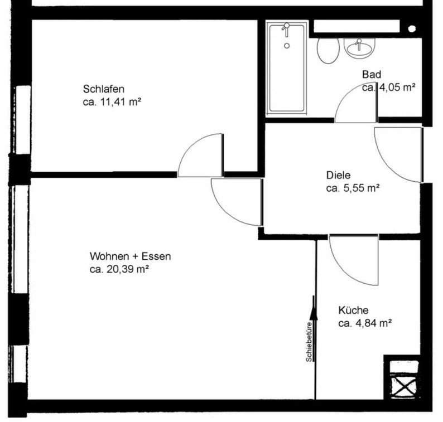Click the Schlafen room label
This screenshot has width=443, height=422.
click(x=103, y=89)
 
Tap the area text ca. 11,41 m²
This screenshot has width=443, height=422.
click(x=112, y=102)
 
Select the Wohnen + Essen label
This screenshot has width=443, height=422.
click(x=130, y=256)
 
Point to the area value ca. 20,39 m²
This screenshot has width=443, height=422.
click(x=119, y=269)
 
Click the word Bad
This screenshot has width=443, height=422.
click(x=372, y=75)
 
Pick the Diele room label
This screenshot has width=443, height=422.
click(x=338, y=175)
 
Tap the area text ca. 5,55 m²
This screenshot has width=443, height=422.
click(x=353, y=188)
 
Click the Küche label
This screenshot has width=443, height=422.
click(x=353, y=310)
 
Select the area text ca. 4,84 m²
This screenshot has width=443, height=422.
click(x=365, y=323)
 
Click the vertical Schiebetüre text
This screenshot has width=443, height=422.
click(x=309, y=342)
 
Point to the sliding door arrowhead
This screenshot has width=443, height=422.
click(x=314, y=313)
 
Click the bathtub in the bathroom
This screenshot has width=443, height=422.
click(x=287, y=69)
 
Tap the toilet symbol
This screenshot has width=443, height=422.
click(x=328, y=51)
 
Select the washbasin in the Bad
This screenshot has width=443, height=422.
click(x=359, y=49)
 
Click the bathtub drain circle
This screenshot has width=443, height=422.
click(x=287, y=46)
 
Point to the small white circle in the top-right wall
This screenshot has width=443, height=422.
click(x=412, y=28)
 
